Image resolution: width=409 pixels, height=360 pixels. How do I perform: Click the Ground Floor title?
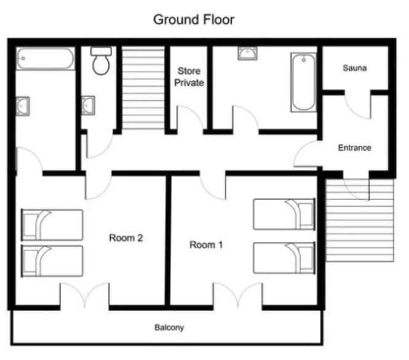pyautogui.click(x=194, y=20)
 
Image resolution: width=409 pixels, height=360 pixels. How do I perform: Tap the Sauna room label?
pyautogui.click(x=355, y=68)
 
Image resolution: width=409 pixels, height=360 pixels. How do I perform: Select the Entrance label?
pyautogui.click(x=355, y=148)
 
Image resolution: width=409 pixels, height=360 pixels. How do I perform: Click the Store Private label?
pyautogui.click(x=189, y=77)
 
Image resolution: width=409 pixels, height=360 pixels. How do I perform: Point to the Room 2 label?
pyautogui.click(x=126, y=238)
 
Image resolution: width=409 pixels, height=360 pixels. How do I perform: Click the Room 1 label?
pyautogui.click(x=206, y=245)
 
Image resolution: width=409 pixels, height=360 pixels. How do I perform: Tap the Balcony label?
pyautogui.click(x=169, y=327)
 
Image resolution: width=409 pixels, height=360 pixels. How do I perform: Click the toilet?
pyautogui.click(x=101, y=60)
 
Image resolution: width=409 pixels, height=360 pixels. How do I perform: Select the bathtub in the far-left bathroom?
pyautogui.click(x=46, y=58)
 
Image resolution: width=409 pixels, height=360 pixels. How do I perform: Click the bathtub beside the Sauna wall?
pyautogui.click(x=304, y=82)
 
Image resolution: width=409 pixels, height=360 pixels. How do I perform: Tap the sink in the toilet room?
pyautogui.click(x=88, y=106)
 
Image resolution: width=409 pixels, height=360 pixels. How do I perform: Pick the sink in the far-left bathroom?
pyautogui.click(x=23, y=106)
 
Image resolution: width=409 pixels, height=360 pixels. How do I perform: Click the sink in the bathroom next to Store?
pyautogui.click(x=247, y=54)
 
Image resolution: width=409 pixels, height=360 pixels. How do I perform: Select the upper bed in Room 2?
pyautogui.click(x=52, y=225)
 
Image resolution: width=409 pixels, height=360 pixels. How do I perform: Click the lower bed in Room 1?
pyautogui.click(x=284, y=258)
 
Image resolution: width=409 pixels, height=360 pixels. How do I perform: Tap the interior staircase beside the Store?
pyautogui.click(x=143, y=88)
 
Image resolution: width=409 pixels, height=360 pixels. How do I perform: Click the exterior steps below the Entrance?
pyautogui.click(x=360, y=220)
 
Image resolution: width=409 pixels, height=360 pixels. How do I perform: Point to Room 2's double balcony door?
pyautogui.click(x=85, y=295)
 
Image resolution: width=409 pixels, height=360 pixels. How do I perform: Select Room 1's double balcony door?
pyautogui.click(x=238, y=295)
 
